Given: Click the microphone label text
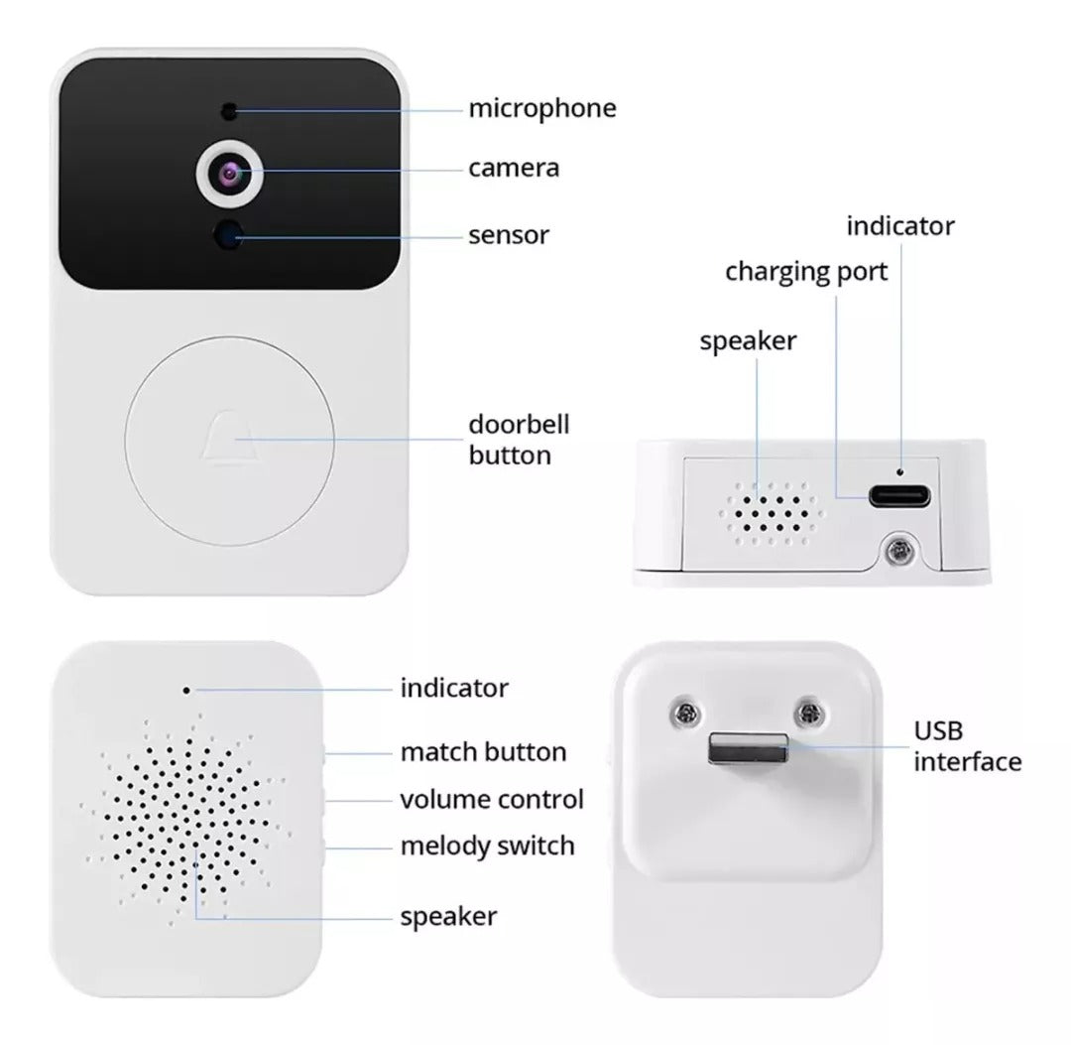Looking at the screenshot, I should click(541, 108).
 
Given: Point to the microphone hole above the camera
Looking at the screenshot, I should click(229, 109).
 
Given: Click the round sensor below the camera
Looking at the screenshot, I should click(231, 235).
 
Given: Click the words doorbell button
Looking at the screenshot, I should click(519, 440).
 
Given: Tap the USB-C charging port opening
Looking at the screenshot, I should click(900, 496).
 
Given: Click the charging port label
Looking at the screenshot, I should click(806, 271).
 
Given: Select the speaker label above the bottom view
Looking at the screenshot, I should click(748, 341).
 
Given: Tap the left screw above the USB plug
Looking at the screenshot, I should click(684, 711).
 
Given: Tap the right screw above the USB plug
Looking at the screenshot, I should click(811, 711).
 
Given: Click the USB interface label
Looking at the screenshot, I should click(967, 747).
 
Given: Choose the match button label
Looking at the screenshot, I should click(483, 752).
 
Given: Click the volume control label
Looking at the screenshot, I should click(492, 799).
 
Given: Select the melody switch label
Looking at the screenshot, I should click(487, 847).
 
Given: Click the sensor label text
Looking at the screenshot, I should click(509, 235).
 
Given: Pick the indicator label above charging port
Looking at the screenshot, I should click(899, 226).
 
